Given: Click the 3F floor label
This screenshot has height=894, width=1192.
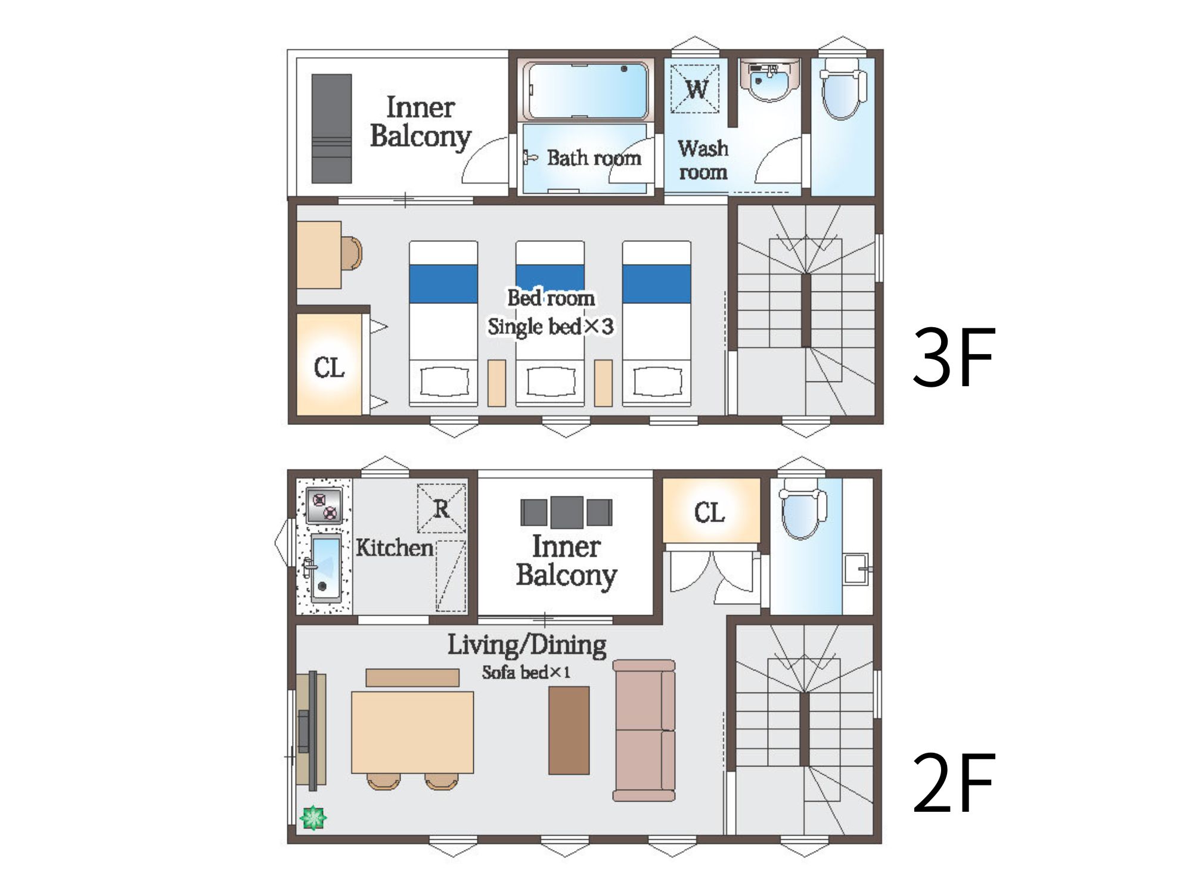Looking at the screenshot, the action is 954,357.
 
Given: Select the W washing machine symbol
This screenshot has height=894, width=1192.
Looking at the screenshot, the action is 695,88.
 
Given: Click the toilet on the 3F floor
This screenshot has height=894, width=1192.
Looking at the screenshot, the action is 843,89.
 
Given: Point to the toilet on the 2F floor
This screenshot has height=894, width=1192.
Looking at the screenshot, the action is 803,508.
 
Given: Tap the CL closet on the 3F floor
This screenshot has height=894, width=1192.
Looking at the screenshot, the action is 329,364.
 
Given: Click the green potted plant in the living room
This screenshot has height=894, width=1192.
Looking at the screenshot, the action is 313,817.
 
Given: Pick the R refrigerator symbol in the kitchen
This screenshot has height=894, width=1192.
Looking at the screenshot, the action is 441,508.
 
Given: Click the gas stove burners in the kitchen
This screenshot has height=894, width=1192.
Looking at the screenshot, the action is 324,505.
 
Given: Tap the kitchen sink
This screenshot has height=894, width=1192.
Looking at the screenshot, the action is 325,567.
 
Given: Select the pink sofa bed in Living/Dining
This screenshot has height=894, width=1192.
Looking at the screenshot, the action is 644,730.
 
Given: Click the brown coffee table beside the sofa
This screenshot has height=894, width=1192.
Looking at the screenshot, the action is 569,730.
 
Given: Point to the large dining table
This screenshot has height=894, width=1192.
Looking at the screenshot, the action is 412,732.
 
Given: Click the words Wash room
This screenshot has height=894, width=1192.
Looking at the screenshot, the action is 703,160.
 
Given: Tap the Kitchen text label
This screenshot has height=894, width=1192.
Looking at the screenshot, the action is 395,548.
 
